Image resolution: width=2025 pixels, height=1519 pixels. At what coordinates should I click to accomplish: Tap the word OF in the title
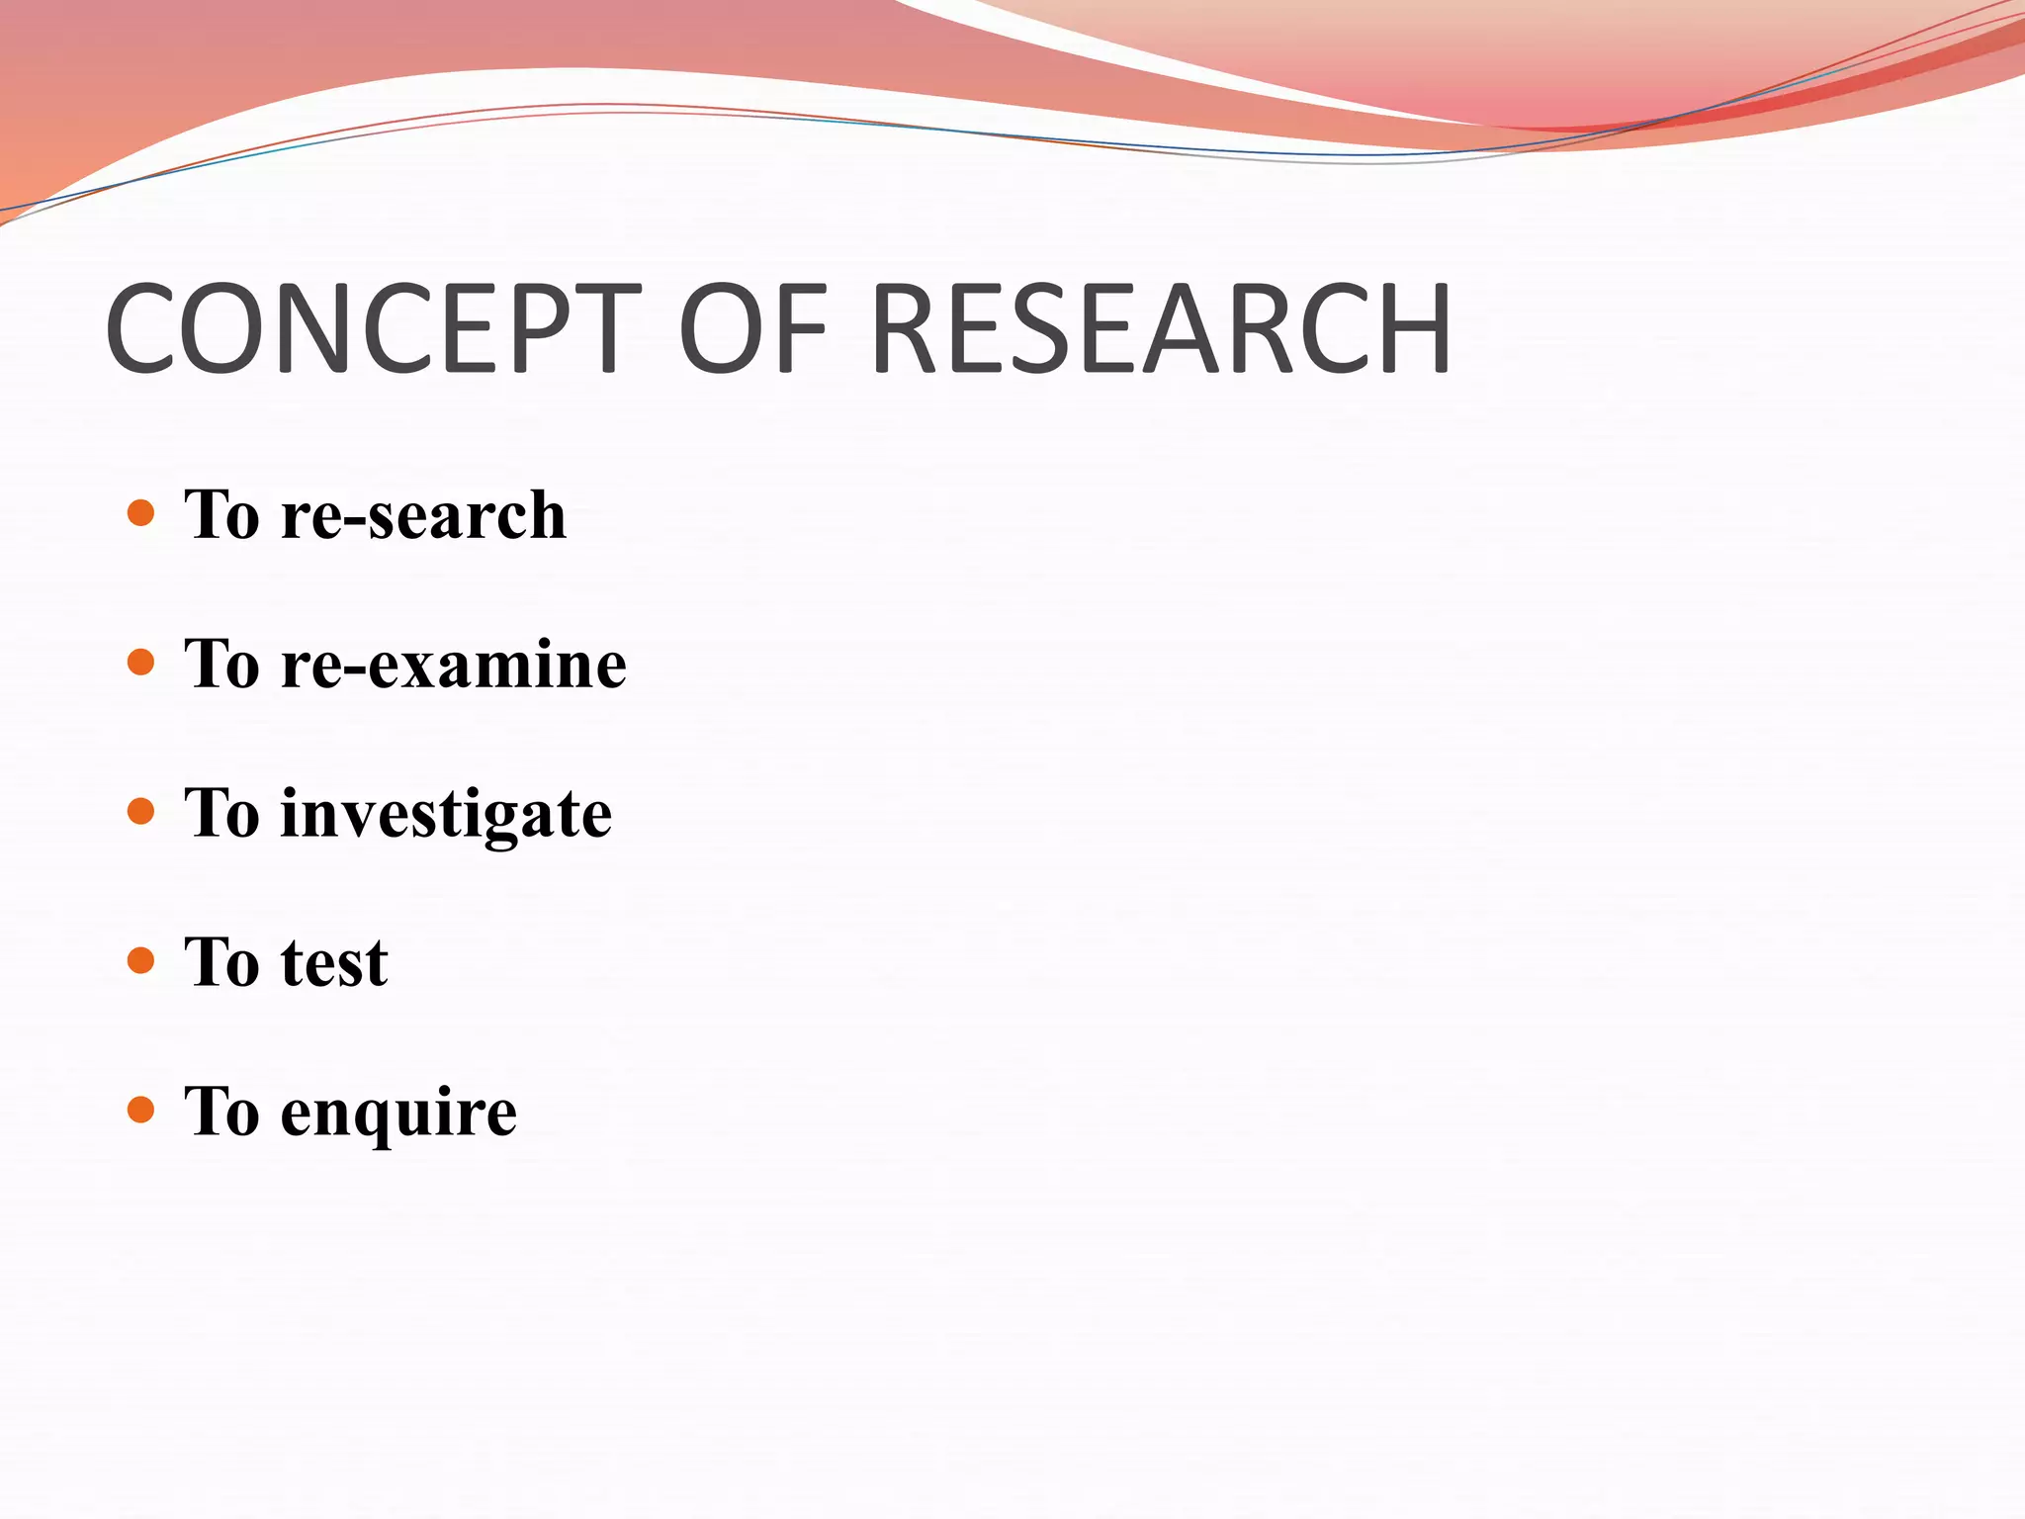click(752, 329)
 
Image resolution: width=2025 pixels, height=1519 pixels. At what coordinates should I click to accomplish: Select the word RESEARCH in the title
click(1161, 329)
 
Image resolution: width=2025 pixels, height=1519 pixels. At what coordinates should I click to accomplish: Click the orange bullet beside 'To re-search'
click(141, 513)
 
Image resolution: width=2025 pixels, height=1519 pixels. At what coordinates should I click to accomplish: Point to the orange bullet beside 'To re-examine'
click(141, 662)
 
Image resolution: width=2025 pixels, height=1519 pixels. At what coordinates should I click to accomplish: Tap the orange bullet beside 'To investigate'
click(141, 812)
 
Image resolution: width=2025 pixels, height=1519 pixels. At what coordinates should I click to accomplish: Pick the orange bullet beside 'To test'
click(141, 960)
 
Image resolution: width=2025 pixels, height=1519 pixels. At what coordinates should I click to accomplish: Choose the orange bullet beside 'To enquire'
click(141, 1110)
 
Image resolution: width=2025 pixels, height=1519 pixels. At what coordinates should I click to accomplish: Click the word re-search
click(423, 516)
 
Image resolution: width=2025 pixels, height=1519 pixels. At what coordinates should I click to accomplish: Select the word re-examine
click(453, 665)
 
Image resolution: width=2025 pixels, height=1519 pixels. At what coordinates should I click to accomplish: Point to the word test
click(334, 963)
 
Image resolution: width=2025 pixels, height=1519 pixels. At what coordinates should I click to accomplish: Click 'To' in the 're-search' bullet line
click(222, 515)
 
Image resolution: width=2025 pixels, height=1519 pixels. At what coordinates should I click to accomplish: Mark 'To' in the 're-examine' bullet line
click(222, 664)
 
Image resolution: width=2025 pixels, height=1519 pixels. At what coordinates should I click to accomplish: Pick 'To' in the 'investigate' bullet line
click(222, 814)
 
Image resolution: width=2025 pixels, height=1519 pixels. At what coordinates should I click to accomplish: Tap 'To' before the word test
click(222, 962)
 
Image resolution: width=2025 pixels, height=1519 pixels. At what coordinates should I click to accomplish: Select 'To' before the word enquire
click(222, 1112)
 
